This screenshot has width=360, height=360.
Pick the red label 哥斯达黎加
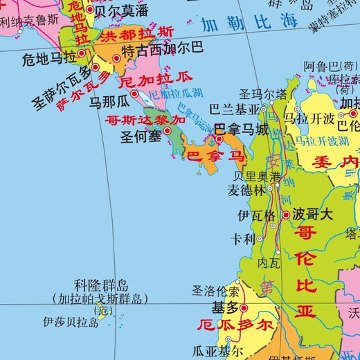tap(145, 120)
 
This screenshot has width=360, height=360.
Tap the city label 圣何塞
tap(143, 136)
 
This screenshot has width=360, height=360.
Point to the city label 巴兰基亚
tap(235, 109)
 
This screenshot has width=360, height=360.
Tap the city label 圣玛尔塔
tap(263, 93)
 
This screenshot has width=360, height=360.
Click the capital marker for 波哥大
tap(285, 215)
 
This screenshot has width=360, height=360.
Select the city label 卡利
tap(244, 238)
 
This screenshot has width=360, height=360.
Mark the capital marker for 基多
tap(244, 307)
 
